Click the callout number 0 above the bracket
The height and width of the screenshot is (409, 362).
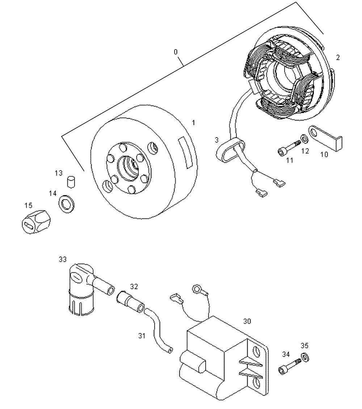point(176,52)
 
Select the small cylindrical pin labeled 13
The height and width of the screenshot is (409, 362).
point(71,181)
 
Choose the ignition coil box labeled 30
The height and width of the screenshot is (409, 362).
point(221,358)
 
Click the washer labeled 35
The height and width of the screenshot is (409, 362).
point(305,357)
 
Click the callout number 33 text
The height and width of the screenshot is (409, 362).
point(63,259)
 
